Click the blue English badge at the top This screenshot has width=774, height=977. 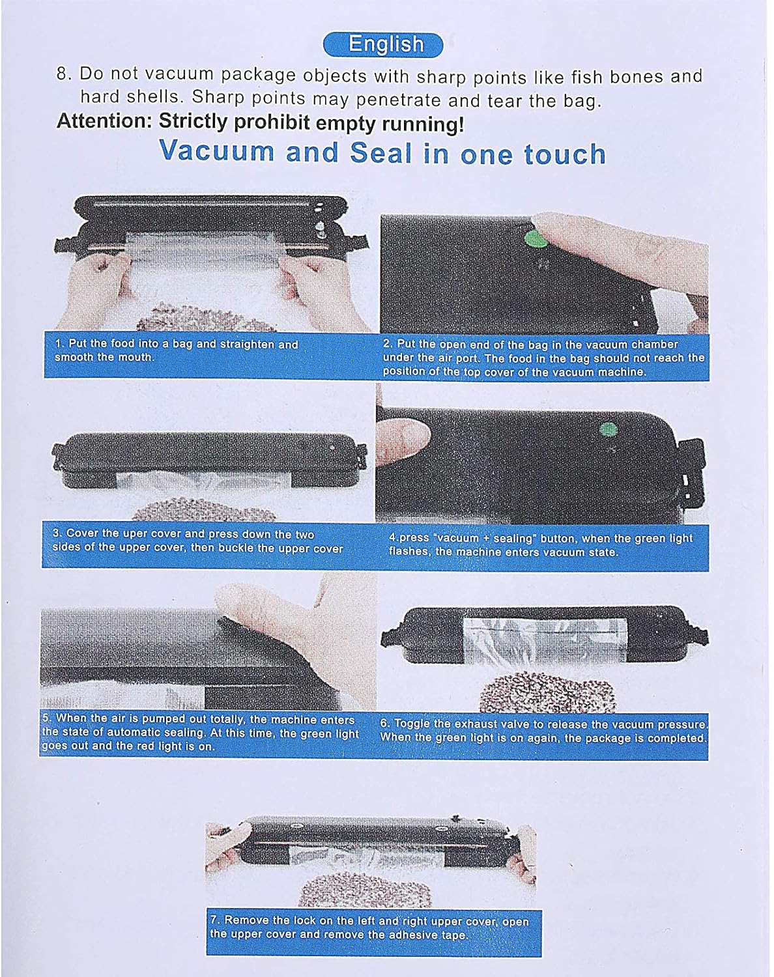tap(383, 45)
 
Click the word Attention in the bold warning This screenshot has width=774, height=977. tap(104, 121)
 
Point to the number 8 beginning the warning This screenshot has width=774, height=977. tap(62, 74)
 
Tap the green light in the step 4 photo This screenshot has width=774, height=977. tap(609, 429)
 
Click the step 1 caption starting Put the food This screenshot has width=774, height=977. tap(177, 350)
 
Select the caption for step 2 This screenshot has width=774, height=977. tap(543, 358)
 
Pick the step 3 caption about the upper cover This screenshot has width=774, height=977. tap(197, 541)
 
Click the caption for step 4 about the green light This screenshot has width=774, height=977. tap(541, 545)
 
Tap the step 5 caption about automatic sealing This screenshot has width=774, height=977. tap(200, 732)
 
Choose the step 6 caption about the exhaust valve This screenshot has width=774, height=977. tap(543, 731)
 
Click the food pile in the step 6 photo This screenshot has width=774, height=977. tap(547, 692)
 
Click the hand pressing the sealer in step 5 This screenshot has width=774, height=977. tap(291, 617)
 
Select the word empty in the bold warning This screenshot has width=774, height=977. tap(346, 124)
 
